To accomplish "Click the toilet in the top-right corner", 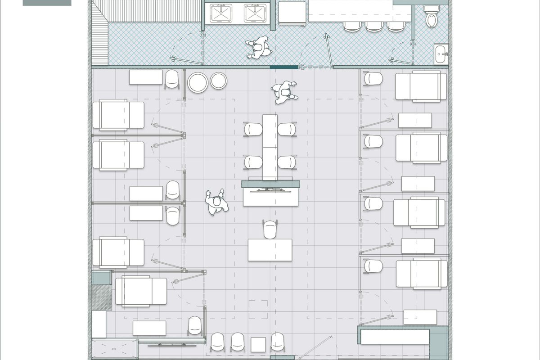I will point(431,18).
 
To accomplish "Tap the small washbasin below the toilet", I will point(441,54).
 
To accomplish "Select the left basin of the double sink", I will point(221,14).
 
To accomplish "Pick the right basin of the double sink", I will point(255,14).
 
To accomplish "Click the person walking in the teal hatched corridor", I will point(258,48).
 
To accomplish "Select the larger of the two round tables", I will point(198,82).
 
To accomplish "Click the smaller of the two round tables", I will point(219,81).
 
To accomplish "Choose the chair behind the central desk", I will point(270,229).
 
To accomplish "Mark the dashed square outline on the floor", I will point(258,309).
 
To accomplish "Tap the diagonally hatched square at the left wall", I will point(101,297).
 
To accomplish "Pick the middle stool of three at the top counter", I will point(373,26).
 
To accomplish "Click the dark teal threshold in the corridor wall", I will point(284,67).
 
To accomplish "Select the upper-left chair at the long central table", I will point(253,129).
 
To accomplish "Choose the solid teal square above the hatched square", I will point(101,277).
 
